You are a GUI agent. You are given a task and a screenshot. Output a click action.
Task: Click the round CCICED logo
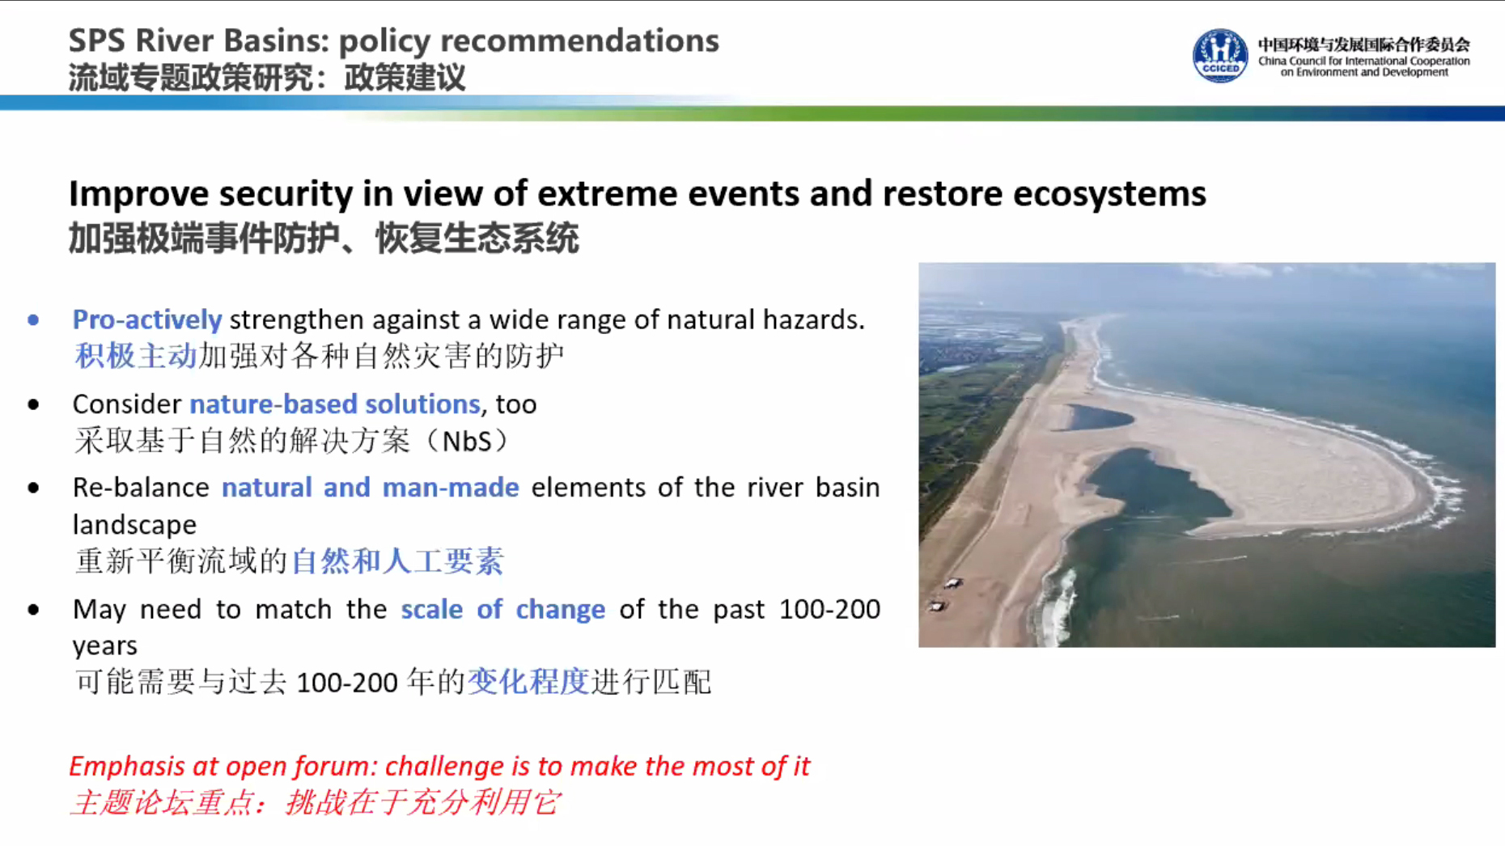click(1220, 55)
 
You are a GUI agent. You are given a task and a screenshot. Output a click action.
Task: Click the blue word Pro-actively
click(147, 319)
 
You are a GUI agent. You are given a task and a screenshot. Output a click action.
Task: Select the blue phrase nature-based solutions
click(335, 404)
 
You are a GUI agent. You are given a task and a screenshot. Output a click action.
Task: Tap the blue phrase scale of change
click(503, 609)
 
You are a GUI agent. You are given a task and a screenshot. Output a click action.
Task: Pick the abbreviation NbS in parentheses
click(467, 442)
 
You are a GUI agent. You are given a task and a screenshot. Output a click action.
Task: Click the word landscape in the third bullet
click(134, 525)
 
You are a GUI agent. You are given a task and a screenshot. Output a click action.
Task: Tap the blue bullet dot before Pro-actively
click(33, 320)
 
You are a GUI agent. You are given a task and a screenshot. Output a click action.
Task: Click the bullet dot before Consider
click(33, 404)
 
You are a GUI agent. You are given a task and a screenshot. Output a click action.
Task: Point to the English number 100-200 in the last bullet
click(829, 609)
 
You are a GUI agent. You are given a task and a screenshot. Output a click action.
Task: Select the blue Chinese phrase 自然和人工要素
click(397, 561)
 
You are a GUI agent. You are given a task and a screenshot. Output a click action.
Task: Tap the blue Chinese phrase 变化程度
click(528, 682)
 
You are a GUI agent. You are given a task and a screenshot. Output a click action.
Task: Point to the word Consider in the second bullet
click(127, 404)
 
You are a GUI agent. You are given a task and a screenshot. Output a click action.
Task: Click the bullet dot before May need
click(33, 610)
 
